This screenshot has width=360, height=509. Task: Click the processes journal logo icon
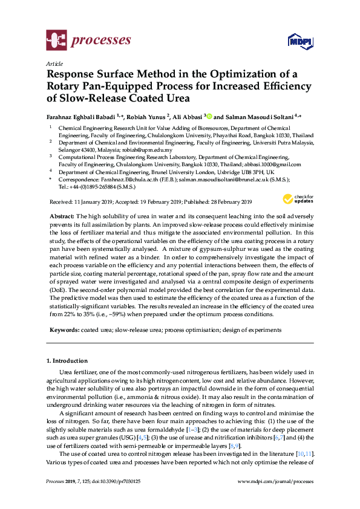[x=57, y=41]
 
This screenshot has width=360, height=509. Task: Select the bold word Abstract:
[x=62, y=216]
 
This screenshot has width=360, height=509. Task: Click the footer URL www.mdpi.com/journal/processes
[x=275, y=482]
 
